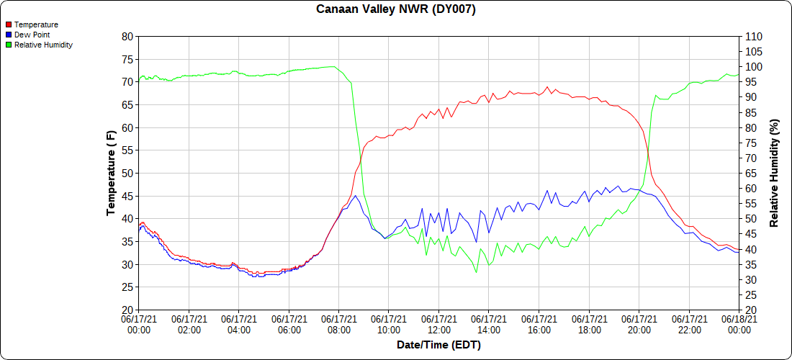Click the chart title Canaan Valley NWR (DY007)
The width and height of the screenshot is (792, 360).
396,9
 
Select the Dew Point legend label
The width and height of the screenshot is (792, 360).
32,35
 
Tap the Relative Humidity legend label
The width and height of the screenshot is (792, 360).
43,45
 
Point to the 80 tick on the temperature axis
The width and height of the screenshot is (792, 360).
127,36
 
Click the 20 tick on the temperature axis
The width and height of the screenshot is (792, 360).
127,310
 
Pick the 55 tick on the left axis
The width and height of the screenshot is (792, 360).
127,150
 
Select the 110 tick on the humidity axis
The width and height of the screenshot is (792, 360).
752,36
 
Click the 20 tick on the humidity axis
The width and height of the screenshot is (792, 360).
750,310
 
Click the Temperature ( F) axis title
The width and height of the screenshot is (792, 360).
111,173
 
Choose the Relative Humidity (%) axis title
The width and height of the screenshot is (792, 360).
775,173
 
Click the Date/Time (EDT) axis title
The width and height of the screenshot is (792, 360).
438,345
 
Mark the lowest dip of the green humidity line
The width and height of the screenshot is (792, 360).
476,272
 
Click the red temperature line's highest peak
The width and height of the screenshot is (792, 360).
547,87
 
